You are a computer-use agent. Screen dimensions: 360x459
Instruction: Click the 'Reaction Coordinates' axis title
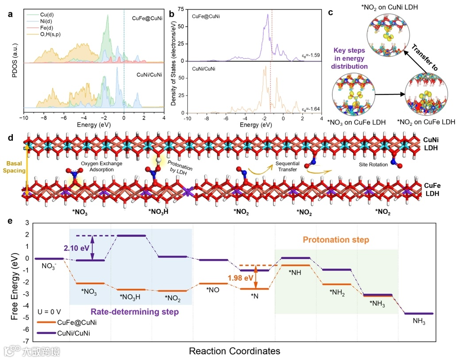[235, 351]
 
